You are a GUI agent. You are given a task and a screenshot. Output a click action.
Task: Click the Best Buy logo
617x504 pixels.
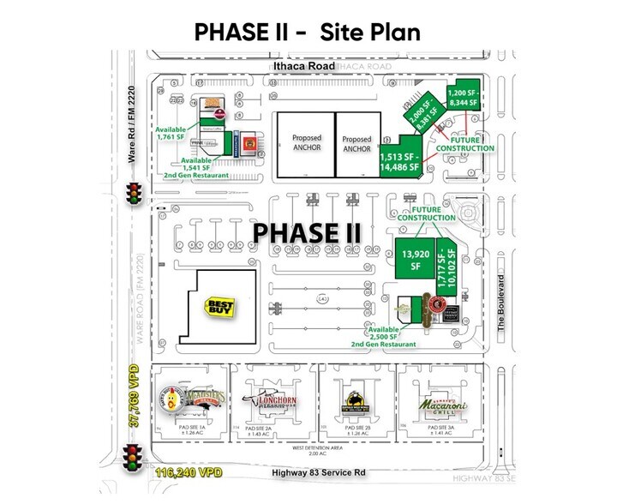[219, 307]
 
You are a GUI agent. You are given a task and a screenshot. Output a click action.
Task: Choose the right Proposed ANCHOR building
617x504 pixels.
[356, 143]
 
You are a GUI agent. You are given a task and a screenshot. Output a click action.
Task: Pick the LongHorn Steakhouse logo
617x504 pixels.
[269, 400]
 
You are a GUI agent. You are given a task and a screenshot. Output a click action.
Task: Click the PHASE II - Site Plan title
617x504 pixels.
[308, 32]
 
